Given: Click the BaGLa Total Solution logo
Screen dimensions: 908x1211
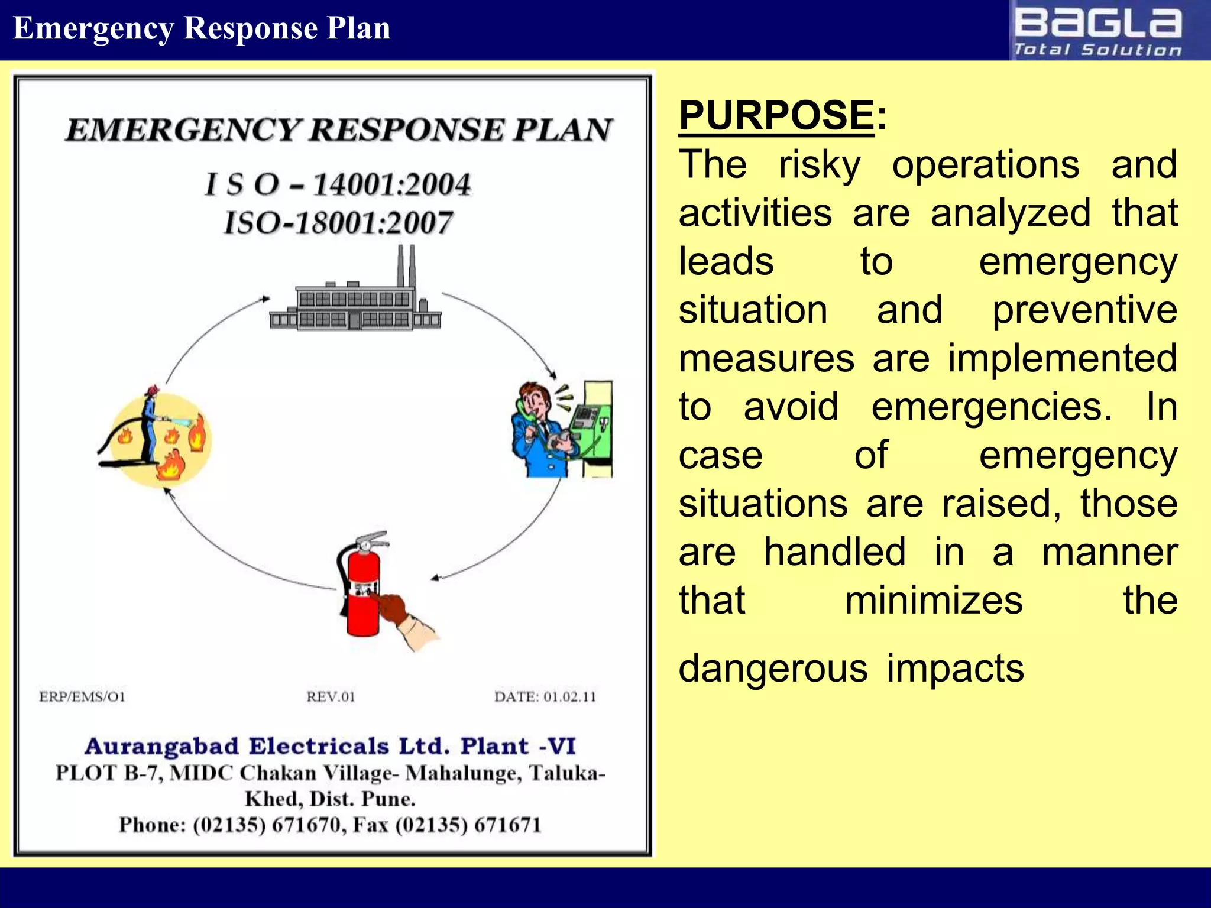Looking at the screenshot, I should coord(1098,31).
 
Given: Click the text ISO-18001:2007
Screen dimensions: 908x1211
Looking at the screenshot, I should coord(338,223).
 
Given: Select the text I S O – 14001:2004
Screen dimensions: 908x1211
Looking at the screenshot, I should coord(338,184).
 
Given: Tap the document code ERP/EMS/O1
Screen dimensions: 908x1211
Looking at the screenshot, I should coord(82,696).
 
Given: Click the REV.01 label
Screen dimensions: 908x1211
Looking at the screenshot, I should coord(331,696).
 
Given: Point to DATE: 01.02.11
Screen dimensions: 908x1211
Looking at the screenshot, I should coord(545,696).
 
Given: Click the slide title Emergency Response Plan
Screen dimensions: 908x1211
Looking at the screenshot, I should coord(202,28).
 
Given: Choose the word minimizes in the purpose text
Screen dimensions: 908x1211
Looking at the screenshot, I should coord(933,601).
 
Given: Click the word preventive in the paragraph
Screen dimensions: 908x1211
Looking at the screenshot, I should coord(1084,310).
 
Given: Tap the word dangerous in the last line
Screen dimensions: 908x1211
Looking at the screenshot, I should coord(773,669).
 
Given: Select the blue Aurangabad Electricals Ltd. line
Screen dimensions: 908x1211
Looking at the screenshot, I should coord(330,746).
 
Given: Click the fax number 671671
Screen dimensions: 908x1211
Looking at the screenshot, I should coord(507,825).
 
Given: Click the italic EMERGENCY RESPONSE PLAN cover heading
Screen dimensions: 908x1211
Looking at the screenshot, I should coord(338,130).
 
